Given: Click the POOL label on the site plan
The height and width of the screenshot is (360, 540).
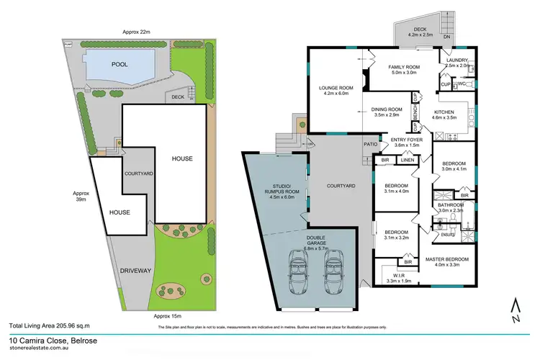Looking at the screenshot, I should tap(119, 64).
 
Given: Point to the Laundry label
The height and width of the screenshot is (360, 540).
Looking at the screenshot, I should tap(458, 60).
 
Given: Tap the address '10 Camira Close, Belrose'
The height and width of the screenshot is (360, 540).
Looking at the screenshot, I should tap(50, 341).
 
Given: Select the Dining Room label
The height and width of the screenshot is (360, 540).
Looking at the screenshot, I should tap(386, 112).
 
